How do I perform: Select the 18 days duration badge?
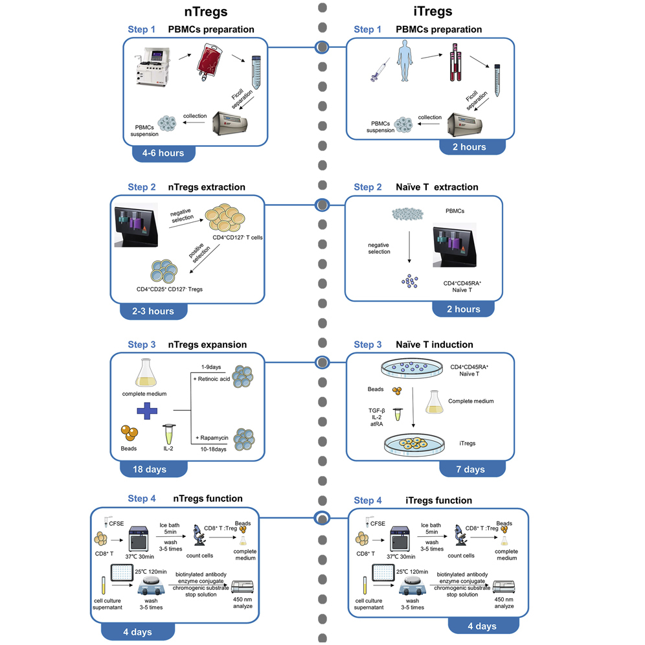[153, 469]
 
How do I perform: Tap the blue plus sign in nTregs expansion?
[147, 411]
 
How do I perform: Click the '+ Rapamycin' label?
[213, 439]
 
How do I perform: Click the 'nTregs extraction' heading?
[207, 187]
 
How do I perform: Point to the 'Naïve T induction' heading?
[434, 345]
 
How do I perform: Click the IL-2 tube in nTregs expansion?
[168, 433]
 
